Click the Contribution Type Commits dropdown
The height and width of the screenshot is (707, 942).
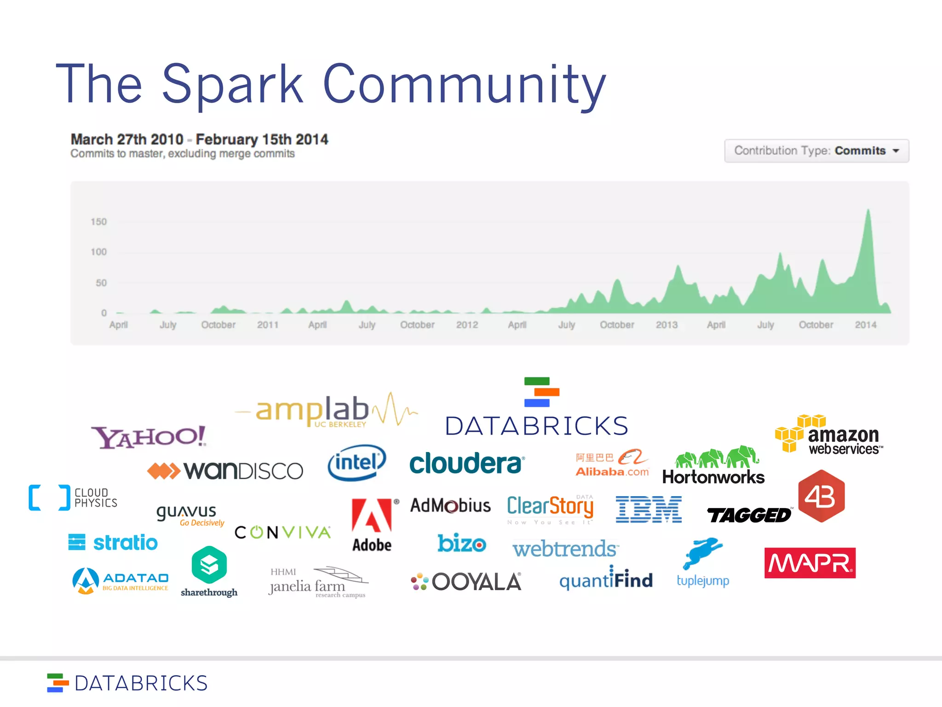click(816, 151)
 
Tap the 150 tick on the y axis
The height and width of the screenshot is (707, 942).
click(98, 222)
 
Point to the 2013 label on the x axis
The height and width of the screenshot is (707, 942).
click(666, 325)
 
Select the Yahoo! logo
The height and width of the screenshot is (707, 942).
click(149, 437)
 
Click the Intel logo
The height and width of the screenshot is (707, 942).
click(357, 463)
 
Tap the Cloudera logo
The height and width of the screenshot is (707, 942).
click(466, 464)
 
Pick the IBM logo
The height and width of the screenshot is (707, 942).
click(649, 510)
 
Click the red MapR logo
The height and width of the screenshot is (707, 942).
click(810, 563)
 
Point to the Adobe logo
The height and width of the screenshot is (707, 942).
click(372, 525)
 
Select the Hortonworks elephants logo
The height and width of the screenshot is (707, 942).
click(713, 466)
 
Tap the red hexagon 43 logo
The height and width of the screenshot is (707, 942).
click(821, 496)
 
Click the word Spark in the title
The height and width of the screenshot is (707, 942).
click(233, 84)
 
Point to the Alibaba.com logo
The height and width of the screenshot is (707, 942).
click(612, 463)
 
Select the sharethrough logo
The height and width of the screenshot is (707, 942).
click(209, 572)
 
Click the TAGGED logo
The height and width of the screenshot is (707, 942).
click(749, 515)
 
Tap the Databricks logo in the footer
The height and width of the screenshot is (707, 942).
click(127, 683)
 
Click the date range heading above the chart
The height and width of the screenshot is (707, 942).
click(199, 139)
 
